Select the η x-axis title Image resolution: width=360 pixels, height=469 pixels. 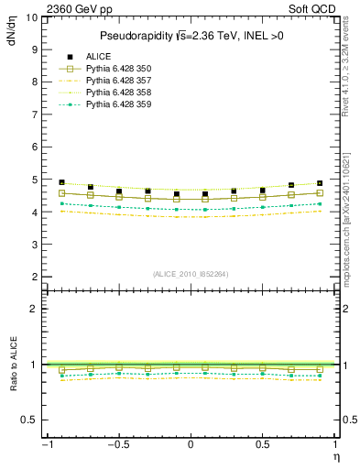pos(335,458)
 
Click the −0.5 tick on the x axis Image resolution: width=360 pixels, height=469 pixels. pos(117,444)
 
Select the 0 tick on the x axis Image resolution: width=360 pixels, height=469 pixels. pos(190,444)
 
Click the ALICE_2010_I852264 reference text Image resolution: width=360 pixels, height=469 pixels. pos(190,273)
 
